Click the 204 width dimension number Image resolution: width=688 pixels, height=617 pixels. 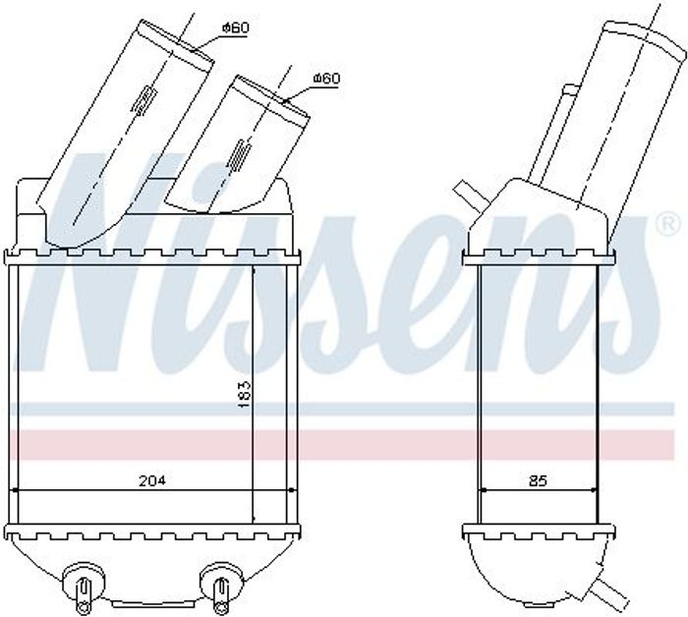pyautogui.click(x=152, y=481)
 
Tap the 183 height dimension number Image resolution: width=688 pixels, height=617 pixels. pyautogui.click(x=244, y=395)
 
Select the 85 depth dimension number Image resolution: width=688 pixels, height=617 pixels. pyautogui.click(x=538, y=481)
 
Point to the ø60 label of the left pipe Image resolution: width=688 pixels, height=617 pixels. pyautogui.click(x=236, y=28)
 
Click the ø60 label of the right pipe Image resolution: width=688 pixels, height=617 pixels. pyautogui.click(x=326, y=79)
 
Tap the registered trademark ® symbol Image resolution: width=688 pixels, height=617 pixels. pyautogui.click(x=667, y=224)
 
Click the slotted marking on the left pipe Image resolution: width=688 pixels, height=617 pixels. pyautogui.click(x=143, y=101)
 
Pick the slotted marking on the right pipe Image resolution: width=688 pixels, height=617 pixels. pyautogui.click(x=238, y=154)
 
